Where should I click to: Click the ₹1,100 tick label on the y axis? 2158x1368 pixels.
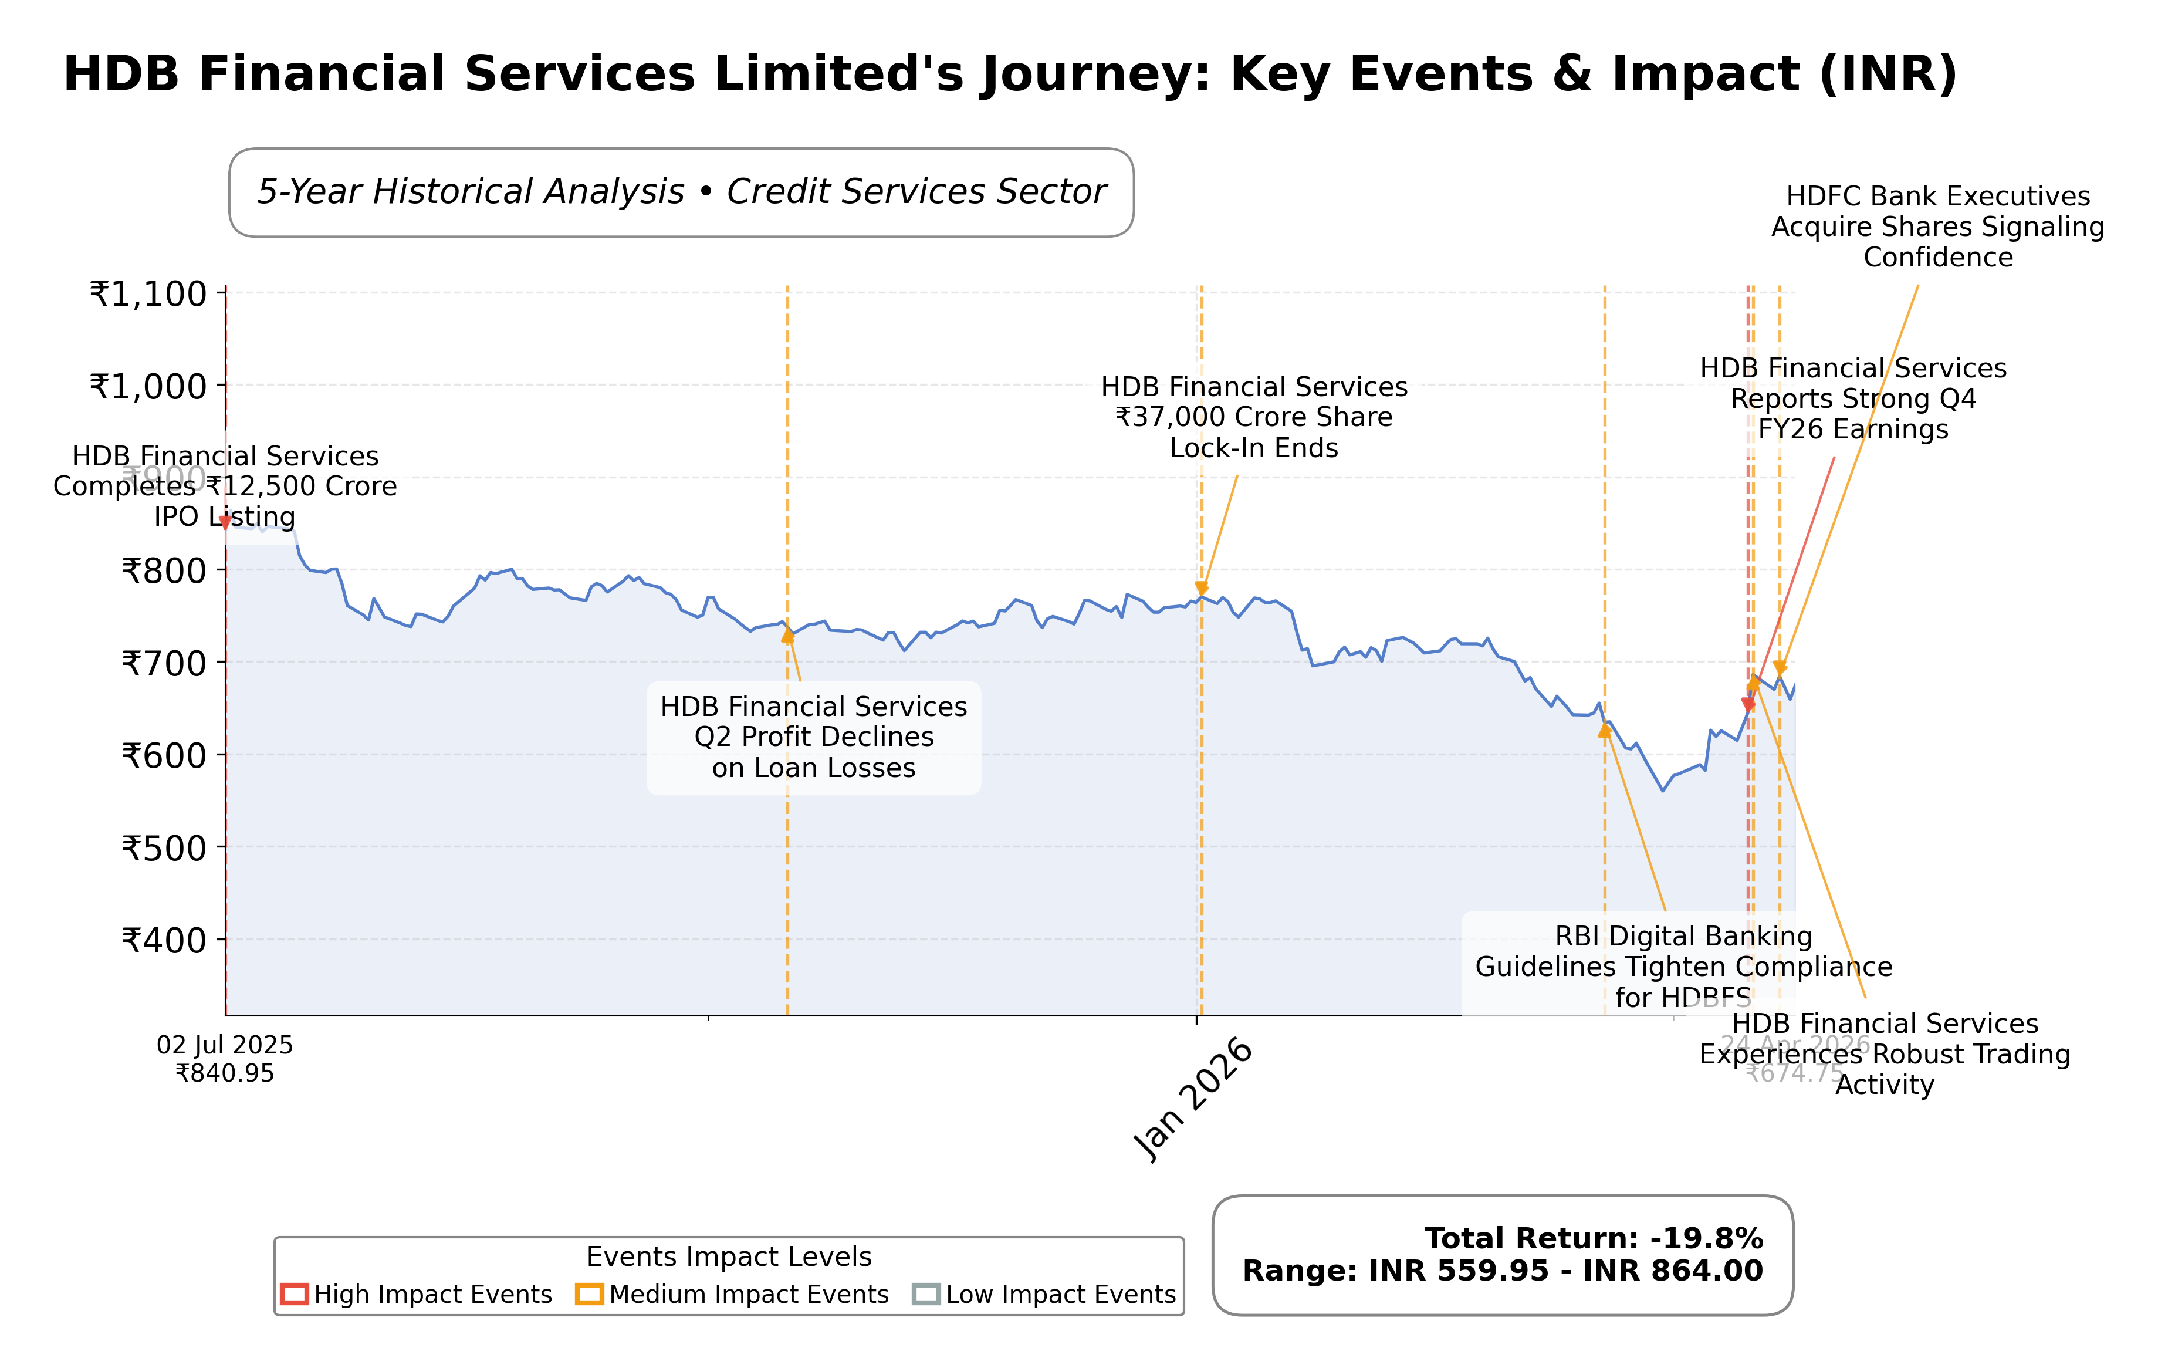(x=148, y=294)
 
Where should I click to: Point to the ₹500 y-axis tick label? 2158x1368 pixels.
(x=164, y=848)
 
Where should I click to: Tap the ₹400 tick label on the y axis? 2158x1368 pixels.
(x=164, y=940)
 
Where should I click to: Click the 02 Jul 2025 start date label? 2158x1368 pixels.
(x=225, y=1045)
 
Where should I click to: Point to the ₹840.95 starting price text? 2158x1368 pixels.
(x=225, y=1073)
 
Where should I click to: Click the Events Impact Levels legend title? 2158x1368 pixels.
(x=729, y=1257)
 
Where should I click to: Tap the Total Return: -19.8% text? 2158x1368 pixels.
(x=1594, y=1238)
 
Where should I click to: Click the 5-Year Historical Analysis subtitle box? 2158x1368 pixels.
(x=681, y=192)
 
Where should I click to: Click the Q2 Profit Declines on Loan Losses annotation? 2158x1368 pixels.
(x=814, y=737)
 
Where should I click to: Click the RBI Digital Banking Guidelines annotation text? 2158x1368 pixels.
(x=1683, y=967)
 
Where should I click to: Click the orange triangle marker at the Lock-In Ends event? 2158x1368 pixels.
(x=1202, y=589)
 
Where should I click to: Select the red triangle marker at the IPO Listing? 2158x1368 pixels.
(x=226, y=523)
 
